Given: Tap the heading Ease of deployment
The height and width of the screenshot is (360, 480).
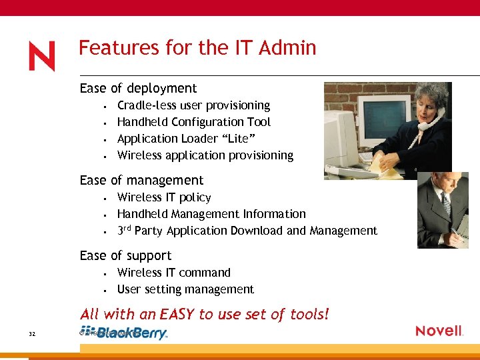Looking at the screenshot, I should (138, 88).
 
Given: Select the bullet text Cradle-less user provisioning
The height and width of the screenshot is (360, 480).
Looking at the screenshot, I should (193, 105).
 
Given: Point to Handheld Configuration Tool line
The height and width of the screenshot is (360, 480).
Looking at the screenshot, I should (193, 122).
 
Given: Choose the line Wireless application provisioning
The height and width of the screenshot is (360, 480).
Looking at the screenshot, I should (205, 155).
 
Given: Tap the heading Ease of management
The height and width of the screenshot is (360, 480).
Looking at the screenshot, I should (141, 180).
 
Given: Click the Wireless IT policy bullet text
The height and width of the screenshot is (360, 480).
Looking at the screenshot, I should (164, 197).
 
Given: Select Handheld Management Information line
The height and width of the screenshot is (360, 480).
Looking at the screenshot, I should (211, 214).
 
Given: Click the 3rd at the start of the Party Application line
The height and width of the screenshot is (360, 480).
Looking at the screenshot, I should (124, 230).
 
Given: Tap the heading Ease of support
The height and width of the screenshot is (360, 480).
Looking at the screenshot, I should (125, 255).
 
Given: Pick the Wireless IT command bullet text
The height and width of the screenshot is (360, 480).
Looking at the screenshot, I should (173, 273).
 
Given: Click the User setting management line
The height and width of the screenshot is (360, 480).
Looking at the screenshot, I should (185, 289).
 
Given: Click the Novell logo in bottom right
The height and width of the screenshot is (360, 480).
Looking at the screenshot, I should (439, 331).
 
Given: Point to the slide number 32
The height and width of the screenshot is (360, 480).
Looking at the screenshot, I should (33, 333).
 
